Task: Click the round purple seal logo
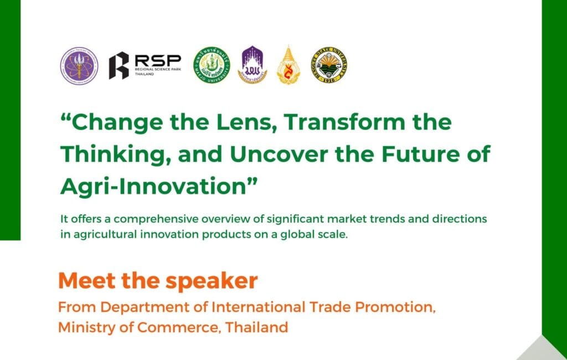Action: pos(79,65)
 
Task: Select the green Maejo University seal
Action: pos(211,65)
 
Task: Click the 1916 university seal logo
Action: pos(329,65)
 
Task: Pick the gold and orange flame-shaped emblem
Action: pos(287,65)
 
